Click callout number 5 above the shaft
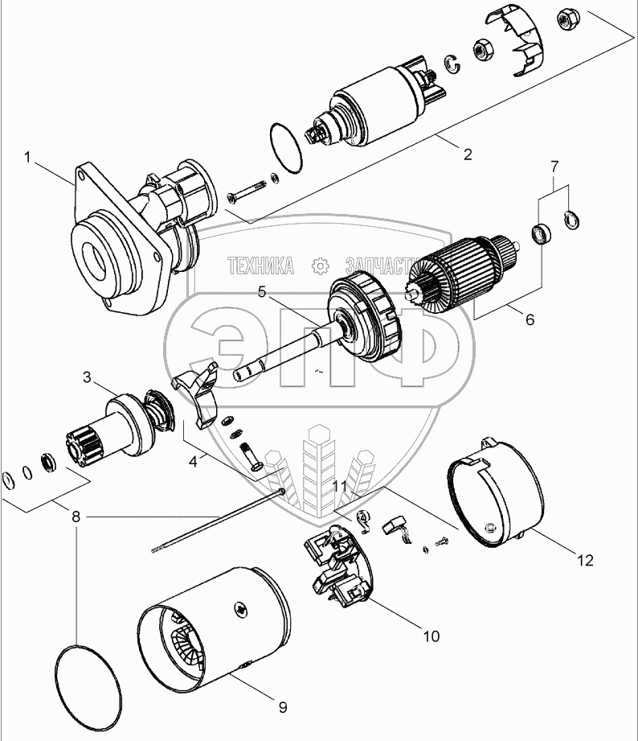[x=262, y=293]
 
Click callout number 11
[x=341, y=488]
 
